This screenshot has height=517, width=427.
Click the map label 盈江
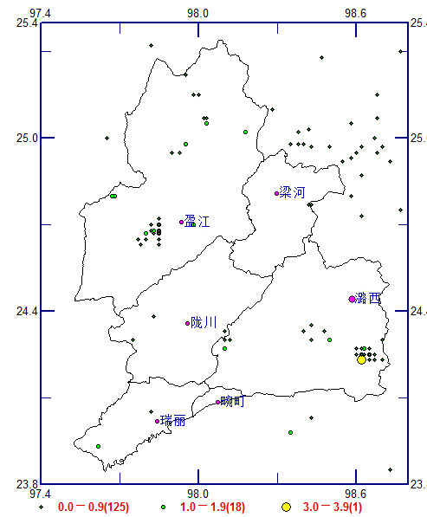pyautogui.click(x=197, y=223)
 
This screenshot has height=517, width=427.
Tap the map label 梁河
pyautogui.click(x=293, y=192)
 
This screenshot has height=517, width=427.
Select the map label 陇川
pyautogui.click(x=204, y=323)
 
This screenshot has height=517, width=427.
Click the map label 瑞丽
pyautogui.click(x=173, y=421)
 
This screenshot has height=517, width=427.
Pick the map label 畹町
pyautogui.click(x=233, y=401)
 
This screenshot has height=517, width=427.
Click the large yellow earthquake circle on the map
pyautogui.click(x=361, y=359)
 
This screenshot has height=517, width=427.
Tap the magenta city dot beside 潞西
pyautogui.click(x=352, y=299)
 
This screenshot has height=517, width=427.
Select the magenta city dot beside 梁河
pyautogui.click(x=277, y=193)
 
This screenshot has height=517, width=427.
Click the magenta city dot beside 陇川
pyautogui.click(x=188, y=324)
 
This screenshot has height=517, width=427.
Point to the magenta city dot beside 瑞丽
pyautogui.click(x=158, y=422)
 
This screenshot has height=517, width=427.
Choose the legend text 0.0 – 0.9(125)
pyautogui.click(x=94, y=506)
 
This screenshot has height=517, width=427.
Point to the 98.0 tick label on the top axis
pyautogui.click(x=198, y=13)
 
